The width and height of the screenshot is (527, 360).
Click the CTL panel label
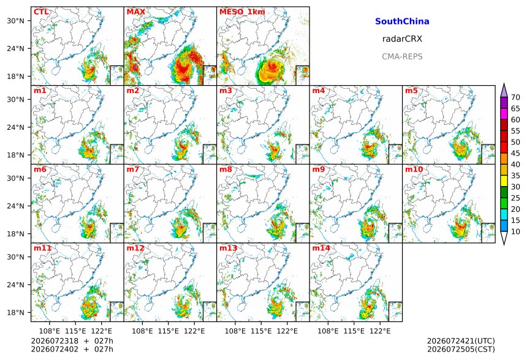(41, 12)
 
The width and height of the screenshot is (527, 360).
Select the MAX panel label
(136, 12)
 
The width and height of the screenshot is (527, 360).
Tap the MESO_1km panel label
(242, 12)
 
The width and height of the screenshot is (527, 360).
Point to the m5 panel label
(411, 91)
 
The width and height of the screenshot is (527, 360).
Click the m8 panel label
(226, 169)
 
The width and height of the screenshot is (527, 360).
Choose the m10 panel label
(414, 169)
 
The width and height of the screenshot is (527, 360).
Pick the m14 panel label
(321, 248)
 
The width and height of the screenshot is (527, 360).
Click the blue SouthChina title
(402, 21)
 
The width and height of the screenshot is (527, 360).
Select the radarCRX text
(402, 39)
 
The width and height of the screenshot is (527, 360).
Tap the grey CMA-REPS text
(402, 56)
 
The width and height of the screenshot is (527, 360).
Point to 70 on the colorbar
(515, 97)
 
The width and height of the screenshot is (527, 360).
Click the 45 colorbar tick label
(515, 153)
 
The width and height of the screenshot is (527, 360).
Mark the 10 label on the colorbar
(515, 231)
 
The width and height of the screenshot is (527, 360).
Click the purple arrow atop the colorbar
(504, 90)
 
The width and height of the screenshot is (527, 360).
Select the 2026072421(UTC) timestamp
(461, 341)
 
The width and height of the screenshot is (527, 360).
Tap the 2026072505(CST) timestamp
(461, 349)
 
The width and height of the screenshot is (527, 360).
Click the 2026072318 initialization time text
(55, 341)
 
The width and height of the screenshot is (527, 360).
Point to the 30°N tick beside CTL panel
(16, 21)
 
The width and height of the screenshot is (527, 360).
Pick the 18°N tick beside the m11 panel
(16, 313)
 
